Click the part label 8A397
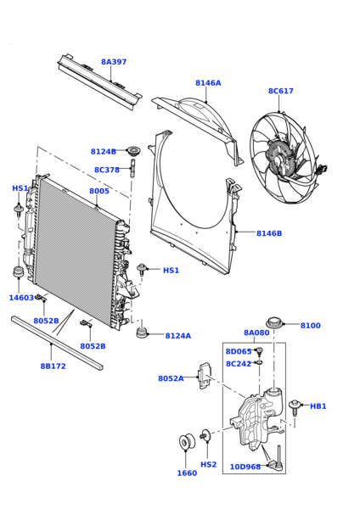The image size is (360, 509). (114, 62)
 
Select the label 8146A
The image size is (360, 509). (208, 83)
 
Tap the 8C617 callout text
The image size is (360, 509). (281, 91)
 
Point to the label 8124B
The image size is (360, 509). (104, 152)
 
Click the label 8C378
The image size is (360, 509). (107, 170)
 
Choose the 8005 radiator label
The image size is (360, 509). (99, 191)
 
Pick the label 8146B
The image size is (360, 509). (269, 233)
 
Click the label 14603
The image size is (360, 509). (21, 298)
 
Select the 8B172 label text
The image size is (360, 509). (53, 366)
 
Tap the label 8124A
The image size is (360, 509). (178, 336)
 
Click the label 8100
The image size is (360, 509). (310, 325)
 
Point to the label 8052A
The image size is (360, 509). (171, 378)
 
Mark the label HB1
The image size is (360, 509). (318, 406)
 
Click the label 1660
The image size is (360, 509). (187, 473)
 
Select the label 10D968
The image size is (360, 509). (245, 467)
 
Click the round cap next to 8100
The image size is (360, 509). (275, 323)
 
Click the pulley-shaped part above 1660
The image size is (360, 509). (187, 442)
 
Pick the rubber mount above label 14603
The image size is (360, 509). (18, 272)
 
